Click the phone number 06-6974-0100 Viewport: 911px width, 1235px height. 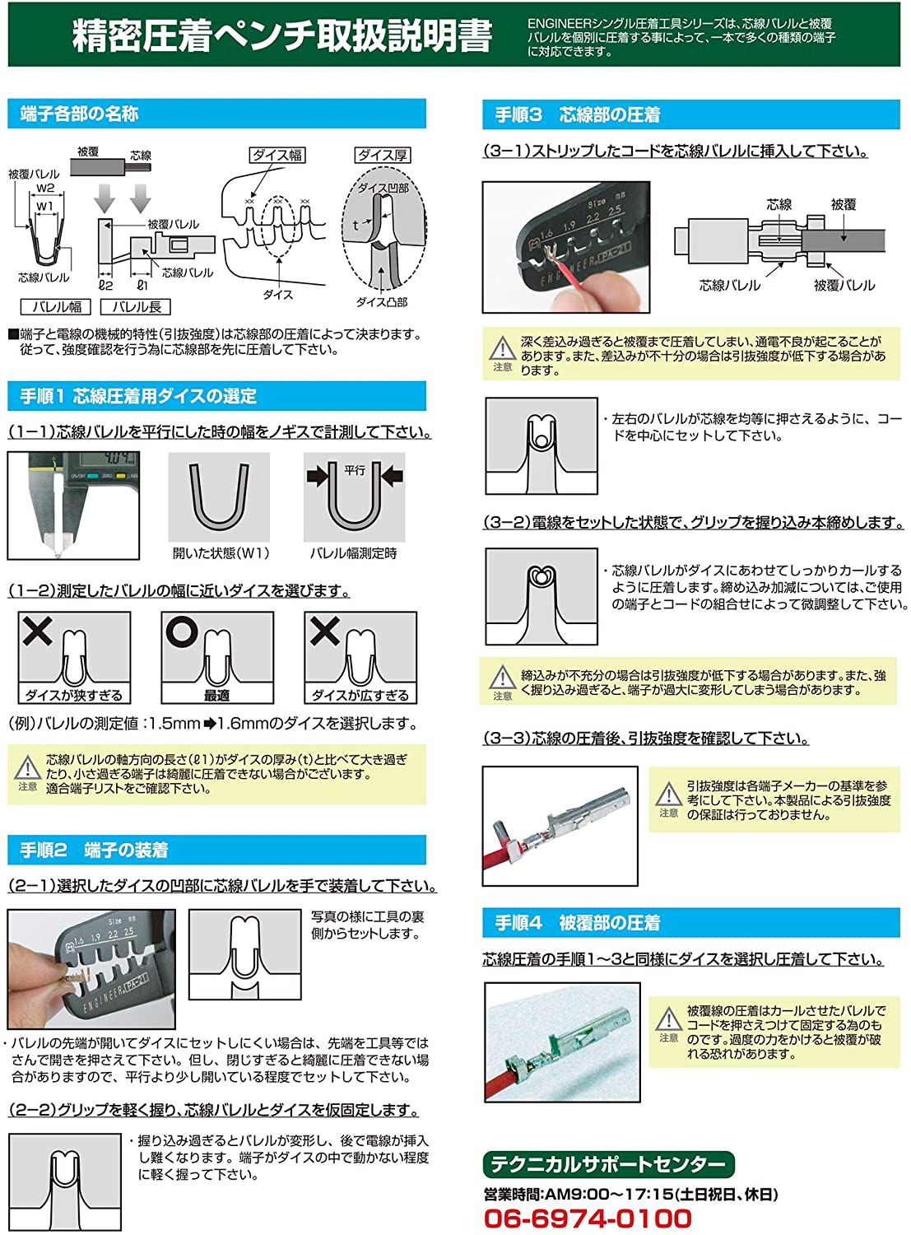tap(588, 1218)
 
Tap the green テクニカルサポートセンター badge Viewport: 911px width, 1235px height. tap(608, 1164)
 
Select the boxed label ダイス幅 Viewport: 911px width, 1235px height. tap(277, 155)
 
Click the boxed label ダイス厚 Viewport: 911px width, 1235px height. tap(383, 155)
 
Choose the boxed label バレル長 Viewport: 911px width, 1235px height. tap(136, 307)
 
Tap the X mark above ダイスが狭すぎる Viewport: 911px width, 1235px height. tap(37, 631)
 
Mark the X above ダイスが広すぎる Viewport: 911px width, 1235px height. tap(324, 631)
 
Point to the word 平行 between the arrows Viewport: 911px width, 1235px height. tap(355, 470)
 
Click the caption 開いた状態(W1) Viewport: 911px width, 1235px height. tap(221, 553)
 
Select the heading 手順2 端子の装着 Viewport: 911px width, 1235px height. tap(94, 850)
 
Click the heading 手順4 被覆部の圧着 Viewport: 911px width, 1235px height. tap(578, 923)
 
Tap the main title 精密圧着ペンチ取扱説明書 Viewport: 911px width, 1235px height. tap(282, 35)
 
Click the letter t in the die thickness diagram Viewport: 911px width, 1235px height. tap(356, 226)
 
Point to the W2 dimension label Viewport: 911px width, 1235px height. tap(45, 189)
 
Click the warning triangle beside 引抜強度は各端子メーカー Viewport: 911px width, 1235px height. tap(668, 794)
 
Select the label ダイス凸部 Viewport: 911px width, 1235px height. tap(382, 302)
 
